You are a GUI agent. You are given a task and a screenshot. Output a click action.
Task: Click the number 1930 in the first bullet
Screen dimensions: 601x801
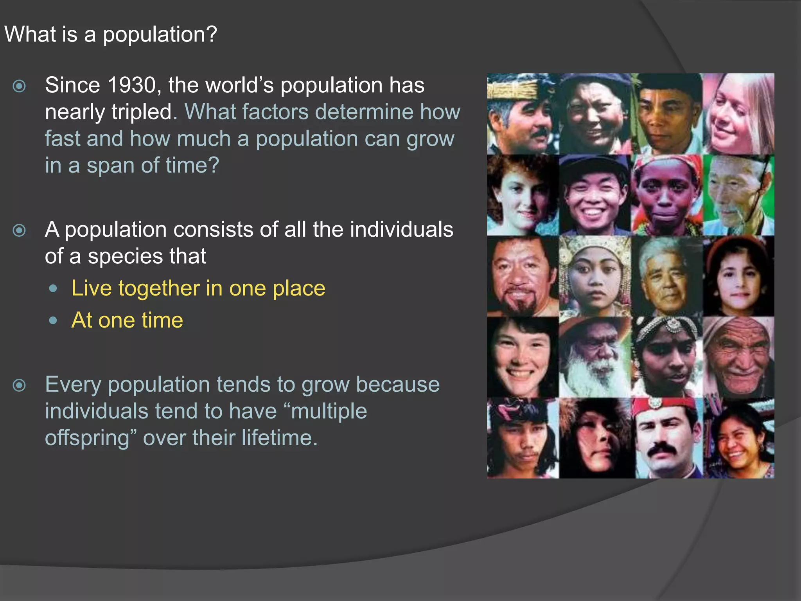[x=131, y=85]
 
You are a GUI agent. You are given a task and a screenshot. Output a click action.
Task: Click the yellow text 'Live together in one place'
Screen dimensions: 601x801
[x=198, y=288]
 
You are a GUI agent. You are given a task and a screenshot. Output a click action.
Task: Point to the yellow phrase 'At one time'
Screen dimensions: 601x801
[x=127, y=320]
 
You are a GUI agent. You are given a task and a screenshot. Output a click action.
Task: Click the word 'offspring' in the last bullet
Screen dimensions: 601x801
[x=87, y=438]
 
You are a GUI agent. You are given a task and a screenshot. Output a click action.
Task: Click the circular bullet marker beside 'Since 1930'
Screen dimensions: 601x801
[x=19, y=86]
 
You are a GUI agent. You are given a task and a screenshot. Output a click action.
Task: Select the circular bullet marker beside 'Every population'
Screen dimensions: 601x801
[x=19, y=385]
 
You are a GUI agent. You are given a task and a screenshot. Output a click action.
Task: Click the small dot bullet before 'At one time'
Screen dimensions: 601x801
[x=54, y=321]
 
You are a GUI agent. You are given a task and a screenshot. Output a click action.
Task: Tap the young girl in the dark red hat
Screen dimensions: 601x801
[x=738, y=276]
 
